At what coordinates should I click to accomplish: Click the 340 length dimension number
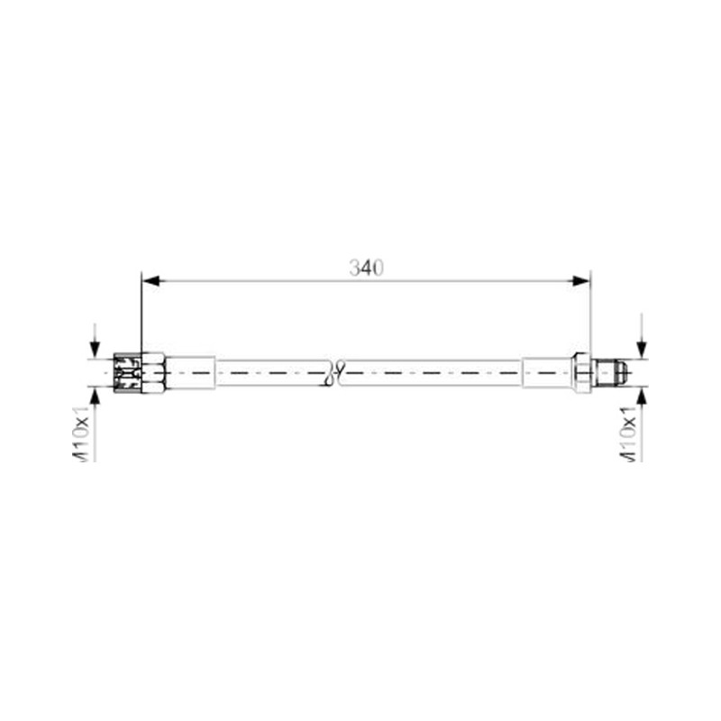point(366,268)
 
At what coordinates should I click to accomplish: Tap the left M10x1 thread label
point(82,434)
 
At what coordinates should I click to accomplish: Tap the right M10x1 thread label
point(628,434)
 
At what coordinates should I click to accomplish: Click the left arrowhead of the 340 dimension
point(151,280)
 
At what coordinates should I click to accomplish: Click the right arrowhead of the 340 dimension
point(580,280)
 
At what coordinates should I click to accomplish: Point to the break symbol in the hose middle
point(335,372)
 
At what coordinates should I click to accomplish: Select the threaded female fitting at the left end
point(127,372)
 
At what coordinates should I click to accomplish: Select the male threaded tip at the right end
point(611,372)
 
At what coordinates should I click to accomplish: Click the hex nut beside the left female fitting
point(153,372)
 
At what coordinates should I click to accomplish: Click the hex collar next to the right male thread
point(582,372)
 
